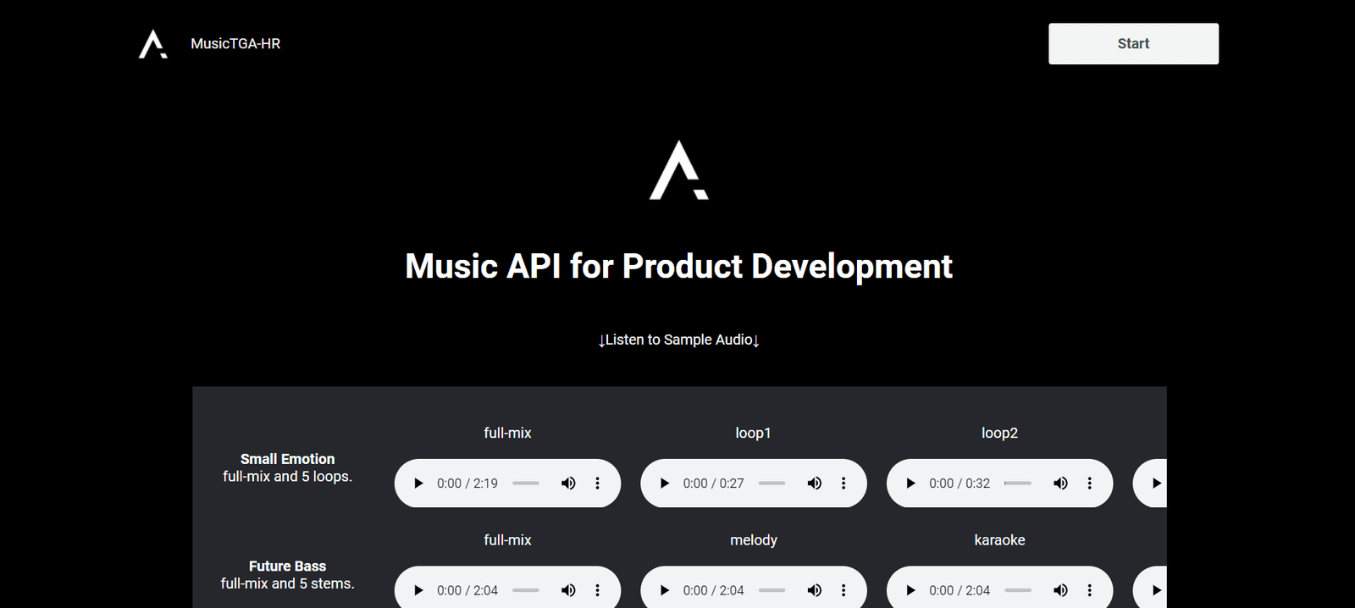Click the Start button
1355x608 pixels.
1133,43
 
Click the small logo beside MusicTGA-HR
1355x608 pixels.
152,44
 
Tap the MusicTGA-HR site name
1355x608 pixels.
235,43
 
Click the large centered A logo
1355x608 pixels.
678,170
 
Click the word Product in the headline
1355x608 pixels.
682,266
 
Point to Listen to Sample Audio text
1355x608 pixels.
678,340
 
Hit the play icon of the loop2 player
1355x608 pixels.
910,484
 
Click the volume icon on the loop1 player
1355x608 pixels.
814,484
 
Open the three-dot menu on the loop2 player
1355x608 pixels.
1089,484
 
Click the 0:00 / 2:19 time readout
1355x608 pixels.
467,484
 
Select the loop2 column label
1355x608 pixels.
999,434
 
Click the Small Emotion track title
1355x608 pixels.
287,459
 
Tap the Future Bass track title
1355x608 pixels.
287,567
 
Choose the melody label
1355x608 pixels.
753,540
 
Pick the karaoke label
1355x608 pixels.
999,540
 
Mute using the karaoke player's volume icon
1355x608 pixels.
1060,590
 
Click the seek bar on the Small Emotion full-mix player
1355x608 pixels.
526,484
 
